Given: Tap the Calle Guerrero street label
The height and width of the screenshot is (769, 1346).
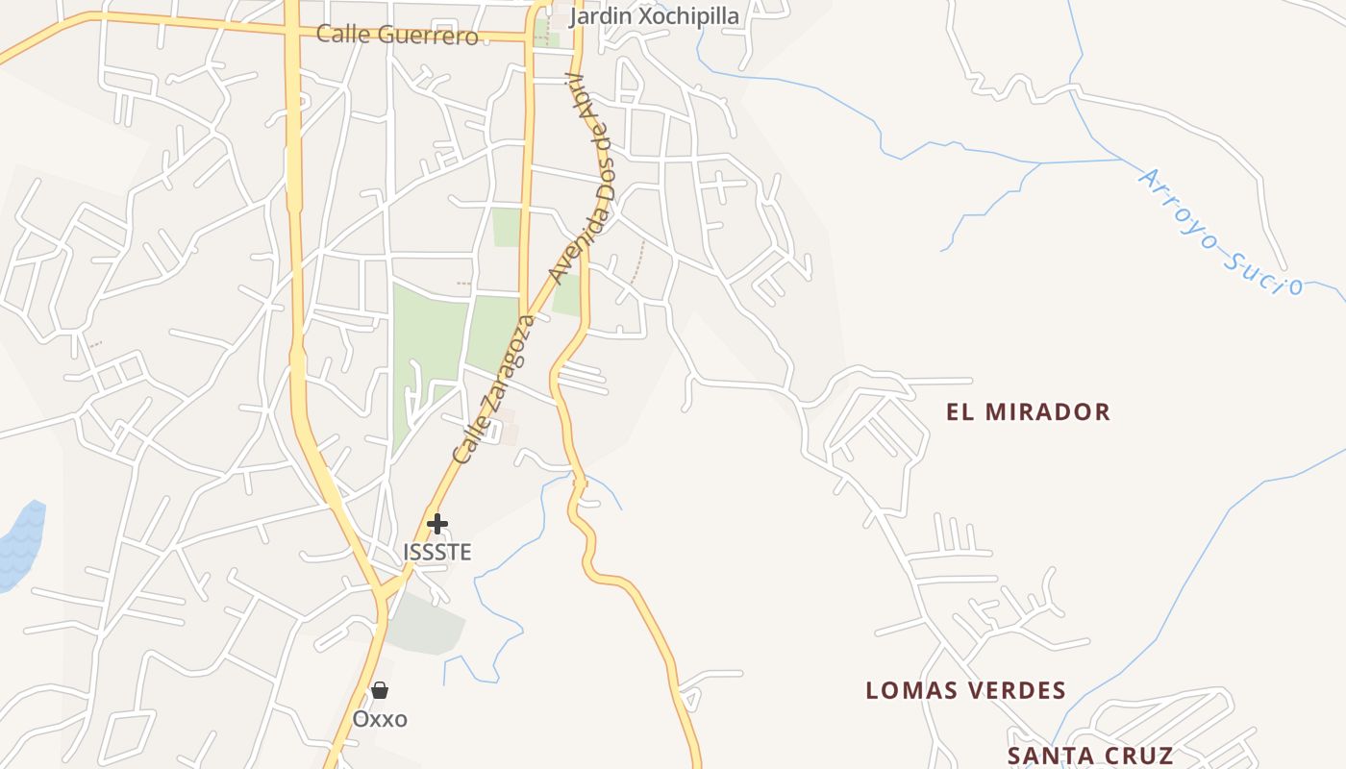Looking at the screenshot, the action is click(x=397, y=36).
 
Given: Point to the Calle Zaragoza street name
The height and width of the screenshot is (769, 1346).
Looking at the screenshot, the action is click(x=493, y=388).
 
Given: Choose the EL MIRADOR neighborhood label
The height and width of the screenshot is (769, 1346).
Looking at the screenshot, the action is click(x=1028, y=412).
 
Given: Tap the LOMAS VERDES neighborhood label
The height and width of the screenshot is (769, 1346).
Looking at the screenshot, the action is click(x=965, y=690).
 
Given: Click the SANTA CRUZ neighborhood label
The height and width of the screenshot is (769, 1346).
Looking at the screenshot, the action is click(x=1090, y=756).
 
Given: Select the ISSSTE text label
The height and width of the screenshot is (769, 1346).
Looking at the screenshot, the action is click(x=437, y=552).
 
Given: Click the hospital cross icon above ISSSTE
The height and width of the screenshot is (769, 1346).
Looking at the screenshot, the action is click(x=437, y=524).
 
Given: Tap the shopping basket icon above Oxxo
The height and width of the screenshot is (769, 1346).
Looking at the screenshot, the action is click(x=380, y=690).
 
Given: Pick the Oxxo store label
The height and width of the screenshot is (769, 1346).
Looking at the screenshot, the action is click(x=380, y=719).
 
